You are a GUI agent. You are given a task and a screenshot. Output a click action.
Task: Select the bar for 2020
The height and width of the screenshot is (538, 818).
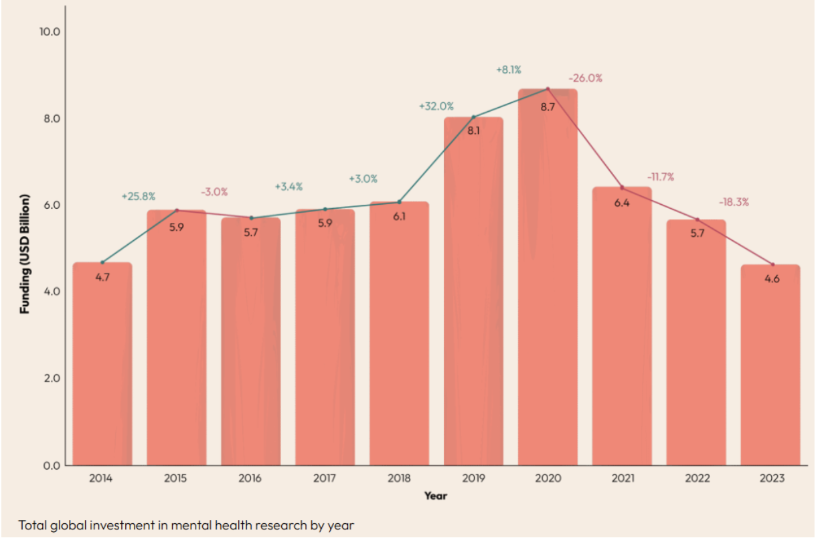click(x=548, y=277)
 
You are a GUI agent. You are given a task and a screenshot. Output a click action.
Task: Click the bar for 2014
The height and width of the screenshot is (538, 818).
click(x=102, y=364)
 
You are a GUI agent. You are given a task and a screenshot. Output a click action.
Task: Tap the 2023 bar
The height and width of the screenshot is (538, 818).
click(x=770, y=365)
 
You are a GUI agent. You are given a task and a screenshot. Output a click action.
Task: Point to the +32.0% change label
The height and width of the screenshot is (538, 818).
click(x=436, y=106)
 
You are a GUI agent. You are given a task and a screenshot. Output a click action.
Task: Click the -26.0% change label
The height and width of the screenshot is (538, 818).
click(x=585, y=78)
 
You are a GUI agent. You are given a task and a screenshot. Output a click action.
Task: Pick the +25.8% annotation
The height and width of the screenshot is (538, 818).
click(x=139, y=196)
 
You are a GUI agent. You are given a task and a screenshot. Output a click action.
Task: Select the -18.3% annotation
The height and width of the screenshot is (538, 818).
click(x=734, y=202)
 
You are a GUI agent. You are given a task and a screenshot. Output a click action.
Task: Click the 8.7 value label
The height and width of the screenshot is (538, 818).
click(x=548, y=107)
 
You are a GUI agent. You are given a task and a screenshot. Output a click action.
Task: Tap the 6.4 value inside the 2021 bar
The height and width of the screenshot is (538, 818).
click(x=622, y=203)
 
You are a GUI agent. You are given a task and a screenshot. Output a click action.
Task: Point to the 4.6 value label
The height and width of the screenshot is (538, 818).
click(x=772, y=279)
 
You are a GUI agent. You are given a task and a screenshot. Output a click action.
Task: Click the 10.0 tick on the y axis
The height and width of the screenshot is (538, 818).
click(x=50, y=31)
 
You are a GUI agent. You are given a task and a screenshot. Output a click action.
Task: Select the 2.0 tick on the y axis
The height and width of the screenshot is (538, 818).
click(x=52, y=378)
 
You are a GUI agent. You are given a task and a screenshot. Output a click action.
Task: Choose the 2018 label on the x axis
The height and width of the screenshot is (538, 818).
click(x=399, y=478)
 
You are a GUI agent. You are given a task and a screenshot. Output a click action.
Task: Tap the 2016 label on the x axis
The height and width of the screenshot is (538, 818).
click(x=250, y=478)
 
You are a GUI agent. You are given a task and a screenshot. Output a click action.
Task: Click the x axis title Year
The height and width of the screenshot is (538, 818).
click(x=436, y=496)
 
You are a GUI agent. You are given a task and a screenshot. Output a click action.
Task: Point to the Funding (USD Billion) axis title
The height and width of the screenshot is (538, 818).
click(x=24, y=254)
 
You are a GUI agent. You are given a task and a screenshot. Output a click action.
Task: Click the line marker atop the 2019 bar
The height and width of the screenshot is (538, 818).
click(x=474, y=117)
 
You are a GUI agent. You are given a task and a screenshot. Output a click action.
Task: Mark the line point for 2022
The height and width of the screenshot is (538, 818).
click(x=697, y=219)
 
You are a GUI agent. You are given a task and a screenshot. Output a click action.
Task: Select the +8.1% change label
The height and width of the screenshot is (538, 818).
click(x=509, y=70)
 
